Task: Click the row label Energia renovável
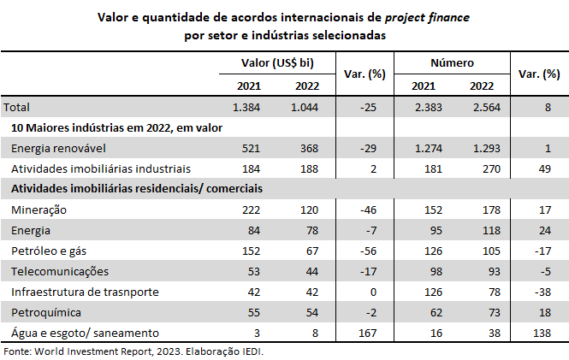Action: point(54,148)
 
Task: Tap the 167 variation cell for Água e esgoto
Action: point(369,333)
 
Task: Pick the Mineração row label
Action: point(39,210)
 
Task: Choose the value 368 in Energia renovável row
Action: point(307,148)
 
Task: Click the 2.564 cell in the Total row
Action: point(483,107)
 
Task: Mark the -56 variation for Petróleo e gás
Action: point(369,251)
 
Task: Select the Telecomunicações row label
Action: point(59,271)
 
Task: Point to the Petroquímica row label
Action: point(46,312)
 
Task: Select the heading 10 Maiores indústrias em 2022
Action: point(117,127)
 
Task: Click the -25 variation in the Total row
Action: point(369,107)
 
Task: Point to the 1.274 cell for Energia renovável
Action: point(428,148)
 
